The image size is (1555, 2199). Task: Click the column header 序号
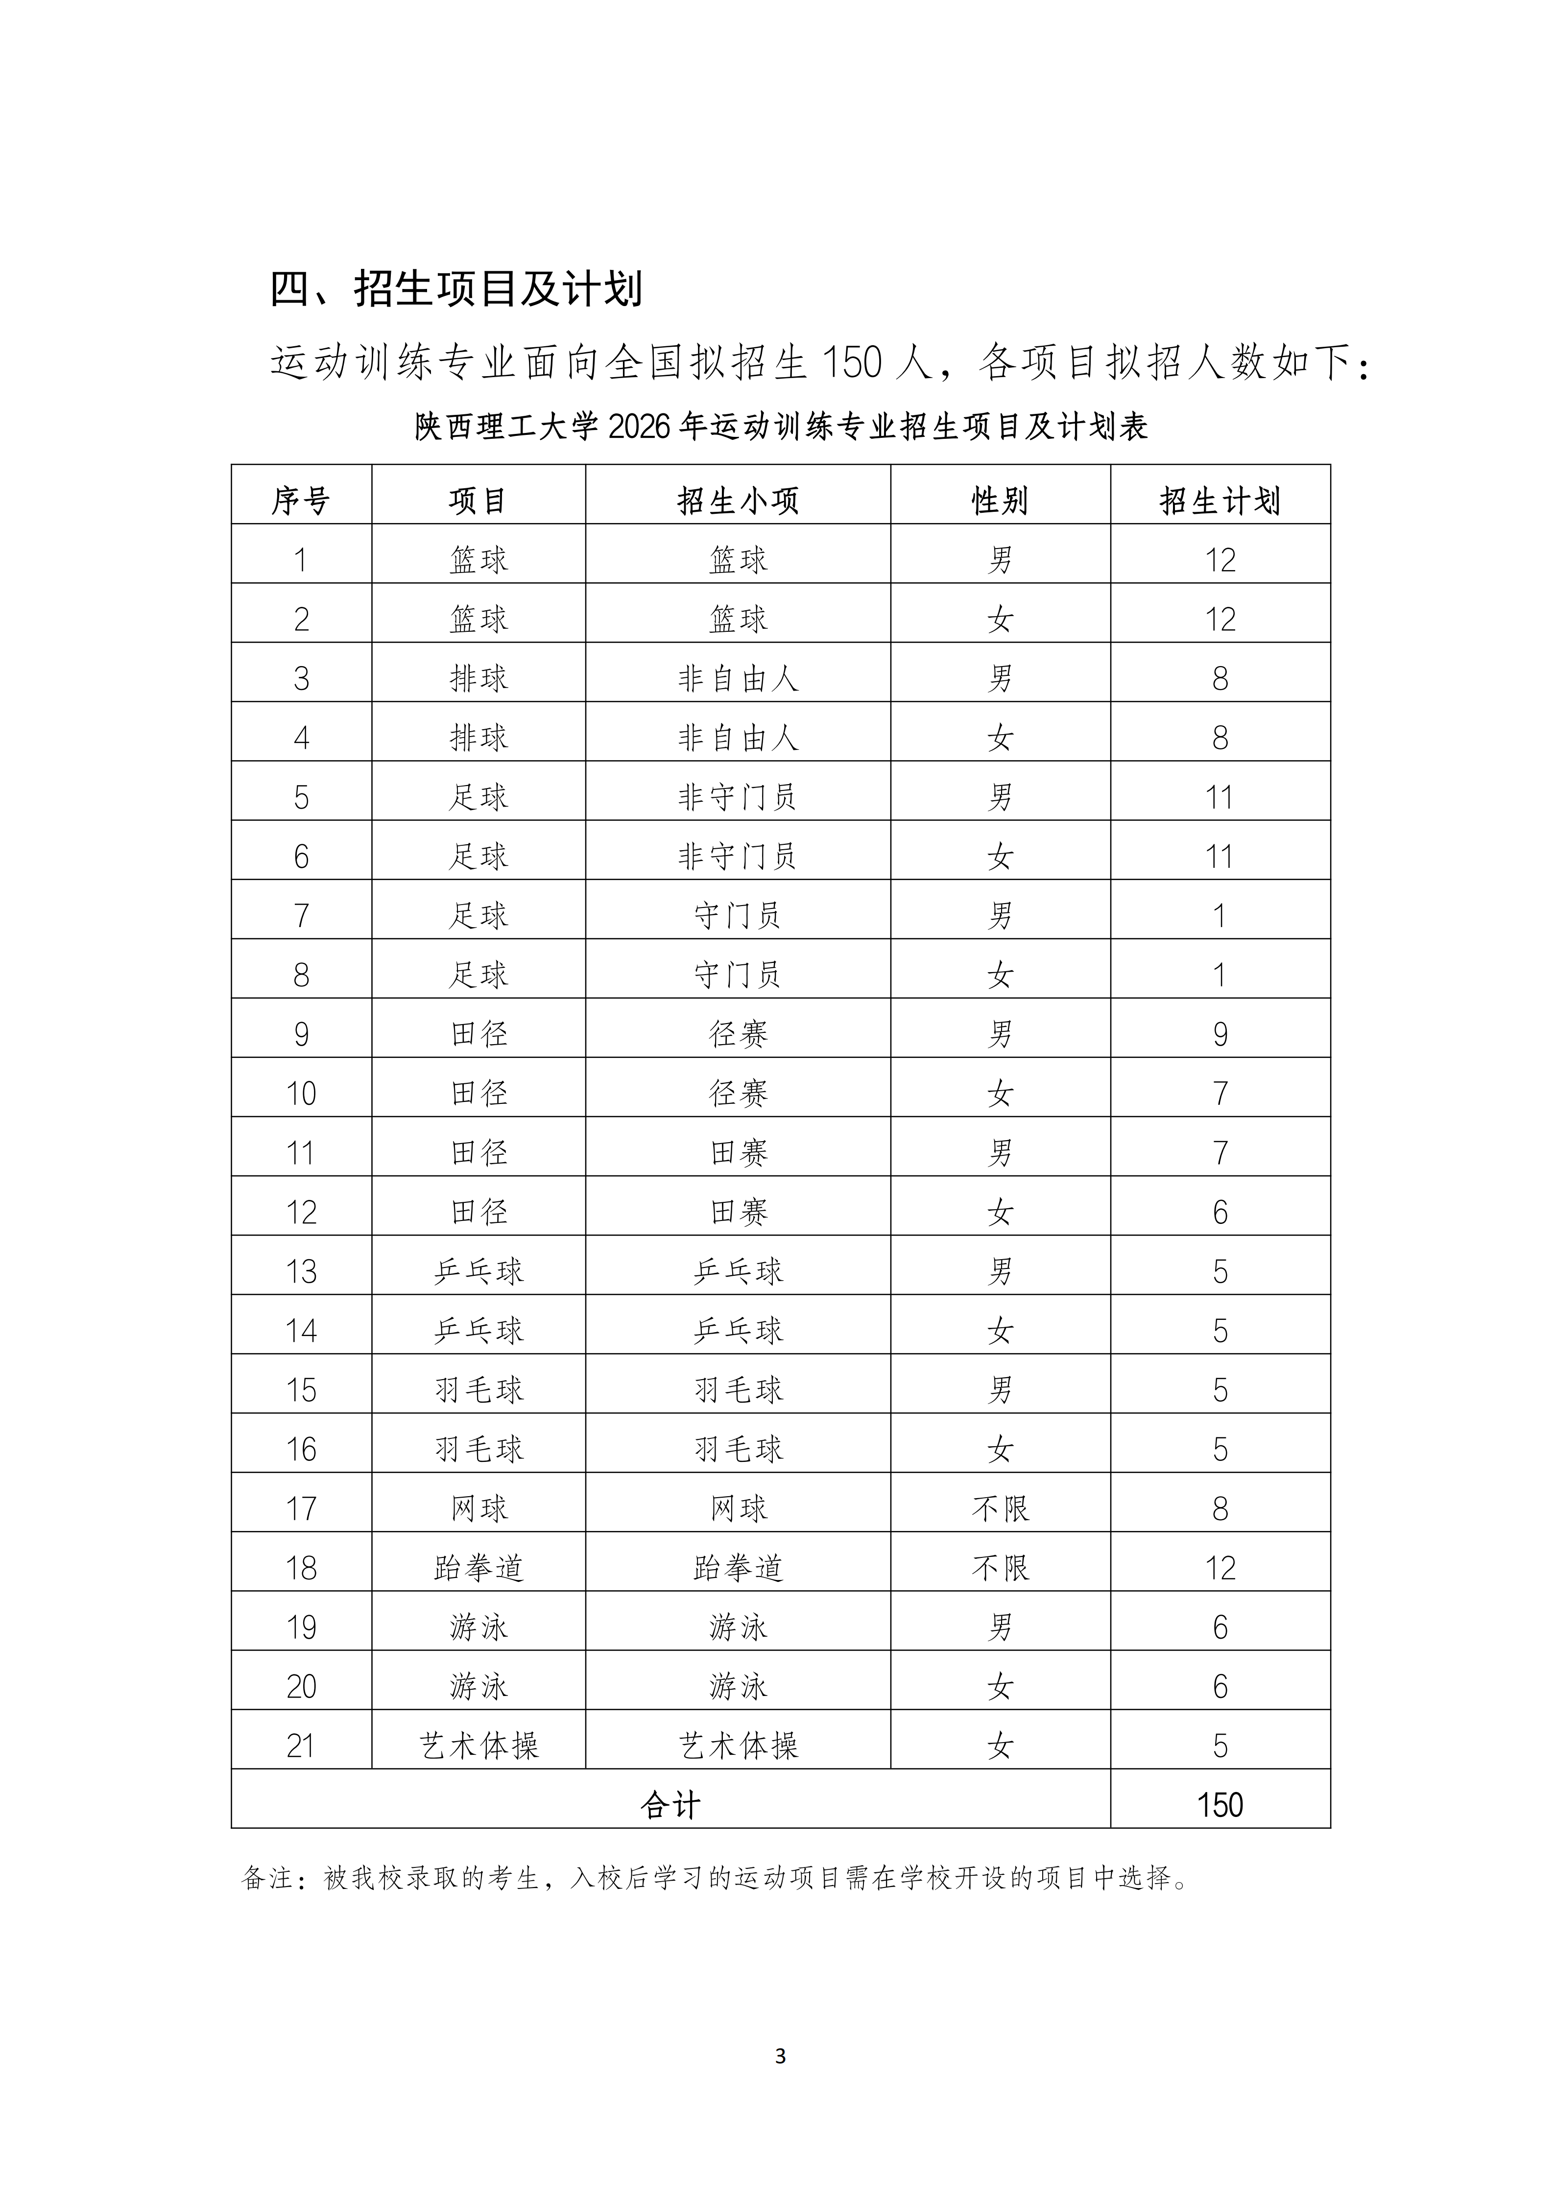pos(301,500)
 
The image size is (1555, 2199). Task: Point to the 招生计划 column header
pos(1220,500)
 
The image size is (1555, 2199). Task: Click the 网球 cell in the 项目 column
pos(479,1508)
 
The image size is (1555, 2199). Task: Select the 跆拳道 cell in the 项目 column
pos(479,1568)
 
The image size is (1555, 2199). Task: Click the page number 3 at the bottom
pos(779,2056)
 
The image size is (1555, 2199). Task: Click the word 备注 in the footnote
pos(266,1878)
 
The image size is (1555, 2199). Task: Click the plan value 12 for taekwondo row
pos(1220,1568)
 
